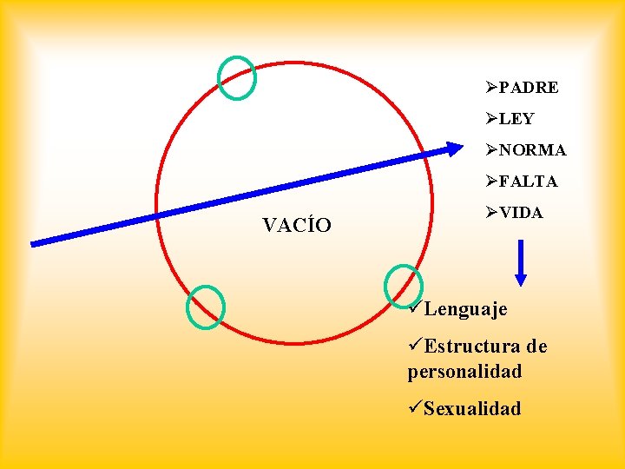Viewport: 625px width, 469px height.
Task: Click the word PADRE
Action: point(529,88)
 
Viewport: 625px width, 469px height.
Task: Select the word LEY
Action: point(516,119)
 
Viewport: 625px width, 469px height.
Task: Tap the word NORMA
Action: point(532,150)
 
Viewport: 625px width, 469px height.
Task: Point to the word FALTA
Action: point(529,182)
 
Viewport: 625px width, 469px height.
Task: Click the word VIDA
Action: point(521,213)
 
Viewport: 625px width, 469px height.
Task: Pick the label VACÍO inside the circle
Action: point(297,227)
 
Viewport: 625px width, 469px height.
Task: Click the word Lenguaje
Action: point(465,309)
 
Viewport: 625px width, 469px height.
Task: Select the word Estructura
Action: point(472,347)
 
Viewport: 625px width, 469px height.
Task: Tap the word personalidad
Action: point(464,372)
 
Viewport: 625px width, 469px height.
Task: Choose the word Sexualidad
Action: point(472,408)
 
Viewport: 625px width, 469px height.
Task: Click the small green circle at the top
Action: point(236,77)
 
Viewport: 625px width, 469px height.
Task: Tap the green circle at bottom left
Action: point(206,307)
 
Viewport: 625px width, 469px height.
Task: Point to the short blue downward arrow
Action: point(521,262)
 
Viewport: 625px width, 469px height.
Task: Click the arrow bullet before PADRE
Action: point(492,88)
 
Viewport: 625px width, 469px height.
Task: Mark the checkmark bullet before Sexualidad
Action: point(415,407)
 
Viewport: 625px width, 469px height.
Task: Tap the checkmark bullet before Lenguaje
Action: point(415,308)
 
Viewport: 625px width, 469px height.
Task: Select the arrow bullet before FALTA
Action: point(492,182)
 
